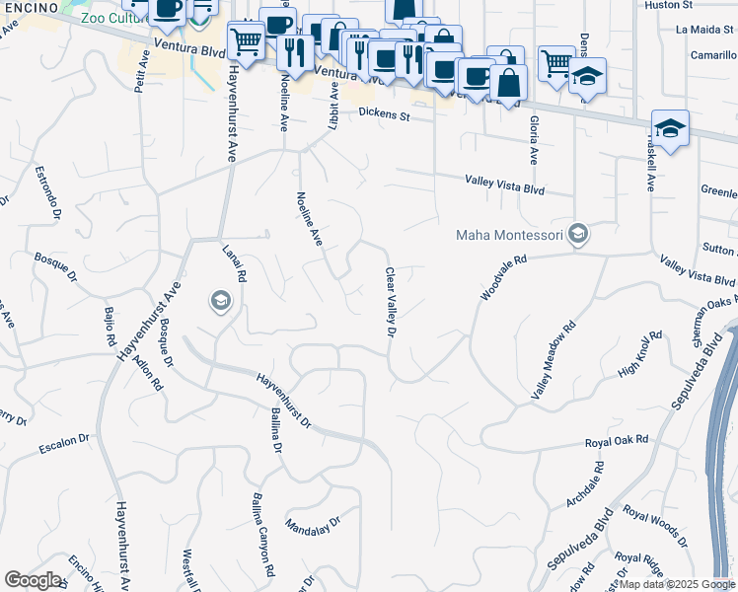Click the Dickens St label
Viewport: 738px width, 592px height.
(x=383, y=115)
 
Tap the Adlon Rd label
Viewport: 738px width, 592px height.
(x=149, y=373)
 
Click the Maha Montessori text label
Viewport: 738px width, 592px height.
(x=507, y=235)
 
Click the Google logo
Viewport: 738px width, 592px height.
(x=33, y=580)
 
